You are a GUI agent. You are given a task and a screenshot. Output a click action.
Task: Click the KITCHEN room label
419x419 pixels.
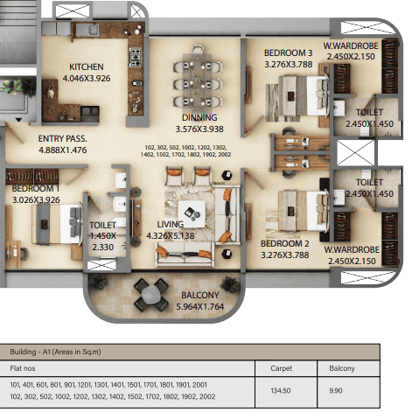point(87,66)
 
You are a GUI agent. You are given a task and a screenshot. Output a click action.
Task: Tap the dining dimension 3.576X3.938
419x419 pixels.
point(199,129)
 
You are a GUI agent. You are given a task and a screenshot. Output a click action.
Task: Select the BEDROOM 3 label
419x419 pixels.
point(288,53)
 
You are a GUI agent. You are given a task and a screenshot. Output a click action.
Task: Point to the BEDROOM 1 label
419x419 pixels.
point(36,189)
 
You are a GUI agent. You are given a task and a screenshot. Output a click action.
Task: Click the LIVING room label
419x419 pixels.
point(171,224)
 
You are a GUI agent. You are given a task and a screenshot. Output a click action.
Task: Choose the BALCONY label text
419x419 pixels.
point(200,295)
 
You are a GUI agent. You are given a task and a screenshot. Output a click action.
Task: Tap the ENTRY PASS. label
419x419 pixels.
point(63,139)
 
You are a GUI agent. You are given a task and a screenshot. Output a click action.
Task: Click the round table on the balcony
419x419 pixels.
point(150,294)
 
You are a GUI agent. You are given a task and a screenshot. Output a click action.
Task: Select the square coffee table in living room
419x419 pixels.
point(192,213)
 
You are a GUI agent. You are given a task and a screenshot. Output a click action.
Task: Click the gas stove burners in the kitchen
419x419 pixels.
point(136,57)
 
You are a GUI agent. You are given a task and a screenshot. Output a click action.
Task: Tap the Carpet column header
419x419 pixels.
point(281,368)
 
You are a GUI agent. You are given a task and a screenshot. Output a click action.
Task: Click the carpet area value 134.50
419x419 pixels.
point(281,390)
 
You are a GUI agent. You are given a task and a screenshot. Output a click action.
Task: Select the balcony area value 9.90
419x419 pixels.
point(336,390)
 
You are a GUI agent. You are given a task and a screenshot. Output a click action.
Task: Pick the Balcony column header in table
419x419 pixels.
point(342,368)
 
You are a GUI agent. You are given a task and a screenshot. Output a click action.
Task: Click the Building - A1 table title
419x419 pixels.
point(55,352)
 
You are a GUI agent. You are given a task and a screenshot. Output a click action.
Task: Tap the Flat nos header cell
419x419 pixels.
point(23,368)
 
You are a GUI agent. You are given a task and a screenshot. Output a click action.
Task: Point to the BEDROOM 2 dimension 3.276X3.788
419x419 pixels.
point(284,255)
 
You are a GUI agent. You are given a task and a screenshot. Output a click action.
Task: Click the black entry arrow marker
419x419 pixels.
point(18,120)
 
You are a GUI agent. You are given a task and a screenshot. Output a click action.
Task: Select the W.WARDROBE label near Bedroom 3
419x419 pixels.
point(351,45)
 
